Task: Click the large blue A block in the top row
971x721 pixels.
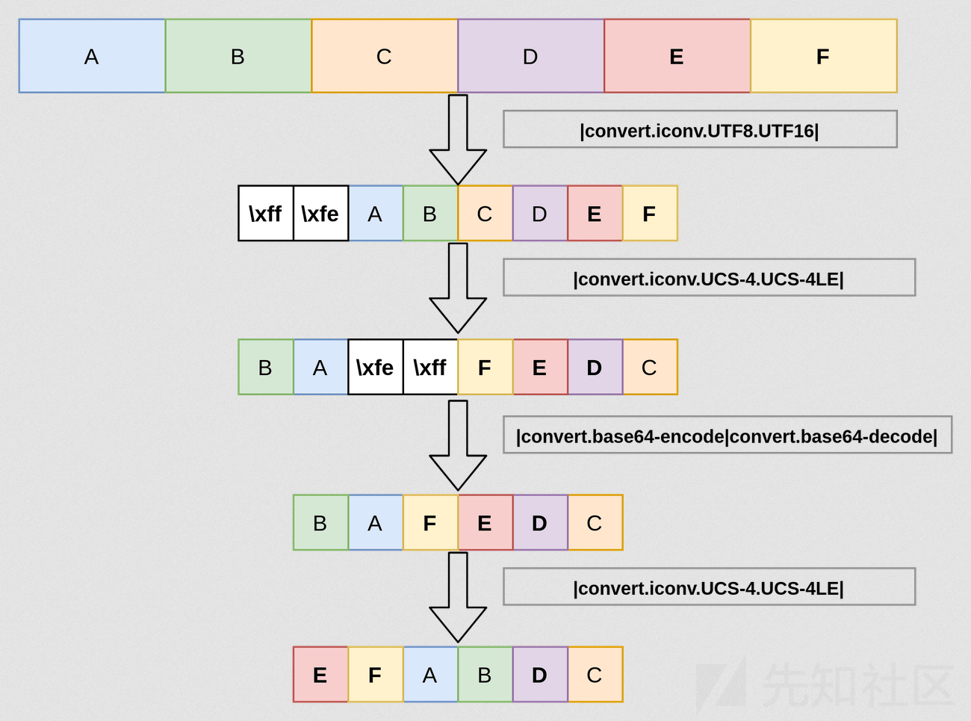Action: (x=92, y=56)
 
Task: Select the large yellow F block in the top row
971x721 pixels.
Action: (x=823, y=56)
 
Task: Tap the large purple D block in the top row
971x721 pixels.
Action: (x=530, y=56)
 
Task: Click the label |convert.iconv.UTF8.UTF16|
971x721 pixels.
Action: (x=699, y=130)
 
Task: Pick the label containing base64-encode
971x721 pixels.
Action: (x=727, y=436)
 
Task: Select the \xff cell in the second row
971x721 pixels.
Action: (x=266, y=214)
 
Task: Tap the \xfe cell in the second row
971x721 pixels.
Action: (x=320, y=214)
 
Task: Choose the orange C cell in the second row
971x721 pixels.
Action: (x=485, y=214)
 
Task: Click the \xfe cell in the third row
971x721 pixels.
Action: (x=375, y=368)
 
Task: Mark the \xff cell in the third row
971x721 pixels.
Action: (x=430, y=368)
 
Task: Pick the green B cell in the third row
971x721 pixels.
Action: (x=265, y=368)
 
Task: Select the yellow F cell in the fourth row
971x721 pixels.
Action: (x=430, y=523)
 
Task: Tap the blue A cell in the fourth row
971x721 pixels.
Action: (x=375, y=523)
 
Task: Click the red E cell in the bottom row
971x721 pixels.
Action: (x=320, y=675)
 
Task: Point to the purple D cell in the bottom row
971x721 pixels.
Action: (x=540, y=675)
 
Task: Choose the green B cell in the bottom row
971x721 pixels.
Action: (x=485, y=675)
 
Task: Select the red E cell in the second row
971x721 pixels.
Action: (x=595, y=214)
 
